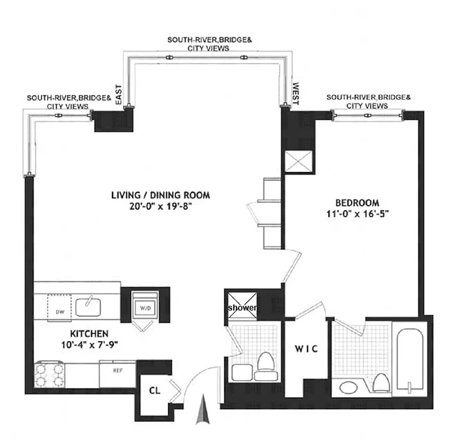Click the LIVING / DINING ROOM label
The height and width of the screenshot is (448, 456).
[x=160, y=195]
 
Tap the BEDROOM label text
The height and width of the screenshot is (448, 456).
[x=357, y=203]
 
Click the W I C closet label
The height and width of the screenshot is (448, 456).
[x=306, y=349]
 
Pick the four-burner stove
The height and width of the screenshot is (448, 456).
[x=48, y=375]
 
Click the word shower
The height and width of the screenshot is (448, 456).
[x=241, y=309]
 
